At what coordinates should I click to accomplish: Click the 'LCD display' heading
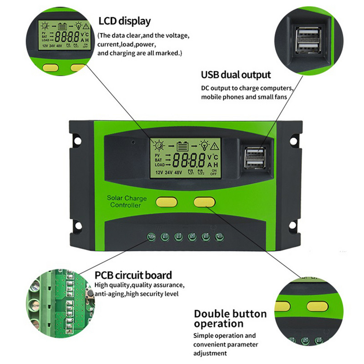click(x=124, y=21)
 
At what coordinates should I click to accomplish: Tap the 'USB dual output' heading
click(x=236, y=75)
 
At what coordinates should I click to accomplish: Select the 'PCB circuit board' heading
click(x=133, y=275)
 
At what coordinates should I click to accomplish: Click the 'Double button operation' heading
click(x=230, y=318)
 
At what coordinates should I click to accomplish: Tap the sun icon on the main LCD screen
click(x=159, y=146)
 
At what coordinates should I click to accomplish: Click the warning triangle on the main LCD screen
click(x=215, y=146)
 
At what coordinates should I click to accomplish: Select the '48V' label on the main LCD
click(x=179, y=172)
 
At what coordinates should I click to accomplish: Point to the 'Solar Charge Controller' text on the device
click(x=126, y=202)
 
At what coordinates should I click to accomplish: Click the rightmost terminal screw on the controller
click(x=220, y=237)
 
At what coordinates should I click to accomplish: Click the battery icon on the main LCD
click(x=182, y=146)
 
